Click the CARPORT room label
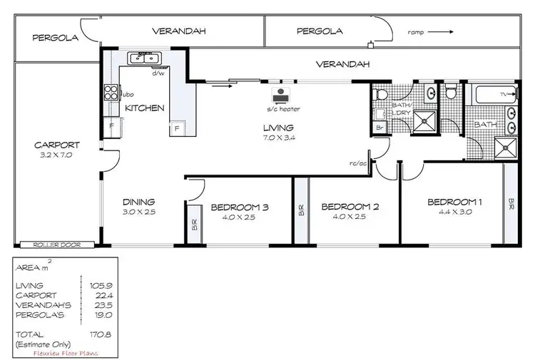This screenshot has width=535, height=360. [x=56, y=145]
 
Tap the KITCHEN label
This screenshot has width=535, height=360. [x=145, y=108]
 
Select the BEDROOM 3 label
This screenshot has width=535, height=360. [x=239, y=207]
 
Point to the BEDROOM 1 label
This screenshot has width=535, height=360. [x=454, y=202]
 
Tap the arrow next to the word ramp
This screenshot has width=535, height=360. [x=443, y=31]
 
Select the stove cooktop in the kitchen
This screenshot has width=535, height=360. [x=111, y=91]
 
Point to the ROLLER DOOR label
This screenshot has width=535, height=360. [x=51, y=245]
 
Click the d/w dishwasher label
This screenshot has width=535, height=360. [x=158, y=73]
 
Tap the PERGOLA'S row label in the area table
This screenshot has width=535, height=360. [x=36, y=313]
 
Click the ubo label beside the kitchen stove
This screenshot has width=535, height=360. [x=128, y=93]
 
